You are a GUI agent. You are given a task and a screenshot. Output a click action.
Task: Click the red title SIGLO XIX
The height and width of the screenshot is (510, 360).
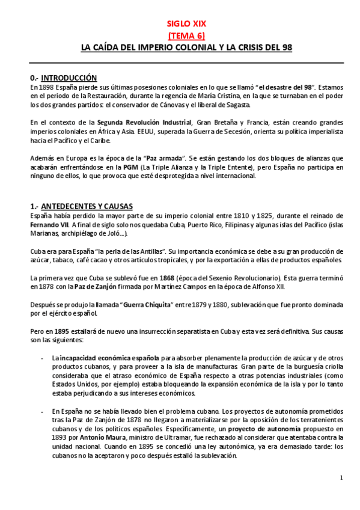pyautogui.click(x=186, y=24)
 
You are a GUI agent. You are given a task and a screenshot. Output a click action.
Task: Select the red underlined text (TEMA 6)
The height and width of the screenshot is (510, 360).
pyautogui.click(x=186, y=35)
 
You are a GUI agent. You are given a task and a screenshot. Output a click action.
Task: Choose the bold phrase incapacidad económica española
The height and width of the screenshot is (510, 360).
pyautogui.click(x=110, y=357)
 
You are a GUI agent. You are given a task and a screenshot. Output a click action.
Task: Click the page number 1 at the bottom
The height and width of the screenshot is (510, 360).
pyautogui.click(x=341, y=478)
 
